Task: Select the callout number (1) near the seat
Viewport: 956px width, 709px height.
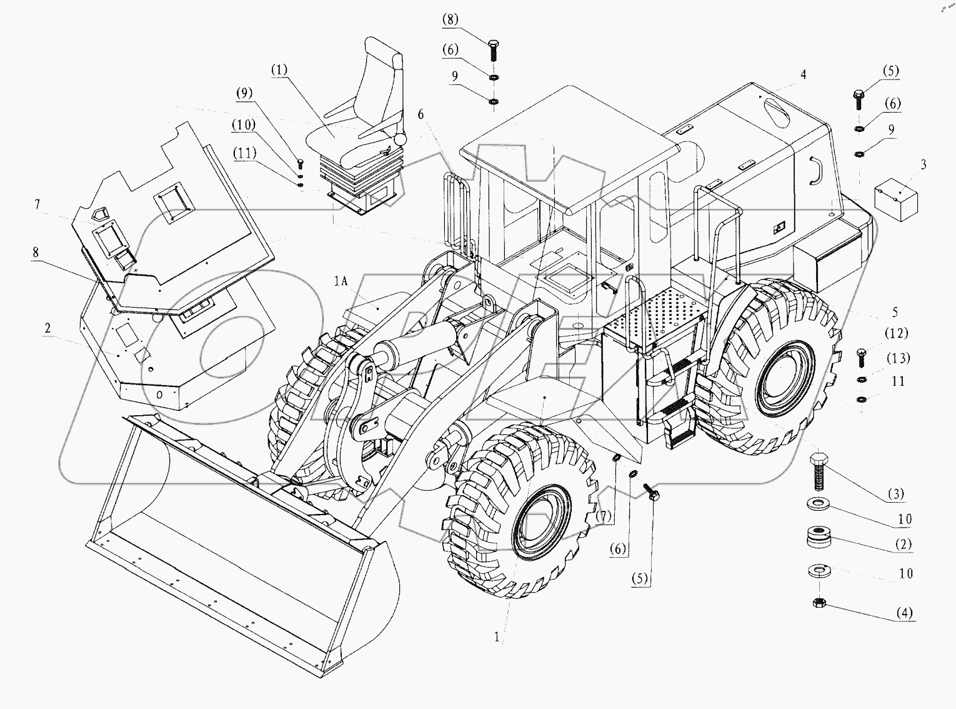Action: click(x=279, y=69)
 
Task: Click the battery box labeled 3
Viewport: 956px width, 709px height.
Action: click(x=895, y=196)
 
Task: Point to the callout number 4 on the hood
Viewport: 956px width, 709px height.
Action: click(x=803, y=75)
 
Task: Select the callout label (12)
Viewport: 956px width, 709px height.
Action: click(x=895, y=333)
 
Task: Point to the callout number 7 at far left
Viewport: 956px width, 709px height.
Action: click(x=37, y=205)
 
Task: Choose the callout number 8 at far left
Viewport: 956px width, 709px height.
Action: click(x=36, y=253)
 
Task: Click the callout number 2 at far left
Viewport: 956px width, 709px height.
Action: click(x=47, y=328)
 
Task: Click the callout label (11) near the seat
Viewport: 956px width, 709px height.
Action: click(x=245, y=153)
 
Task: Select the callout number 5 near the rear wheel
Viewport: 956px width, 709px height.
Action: click(x=895, y=312)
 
